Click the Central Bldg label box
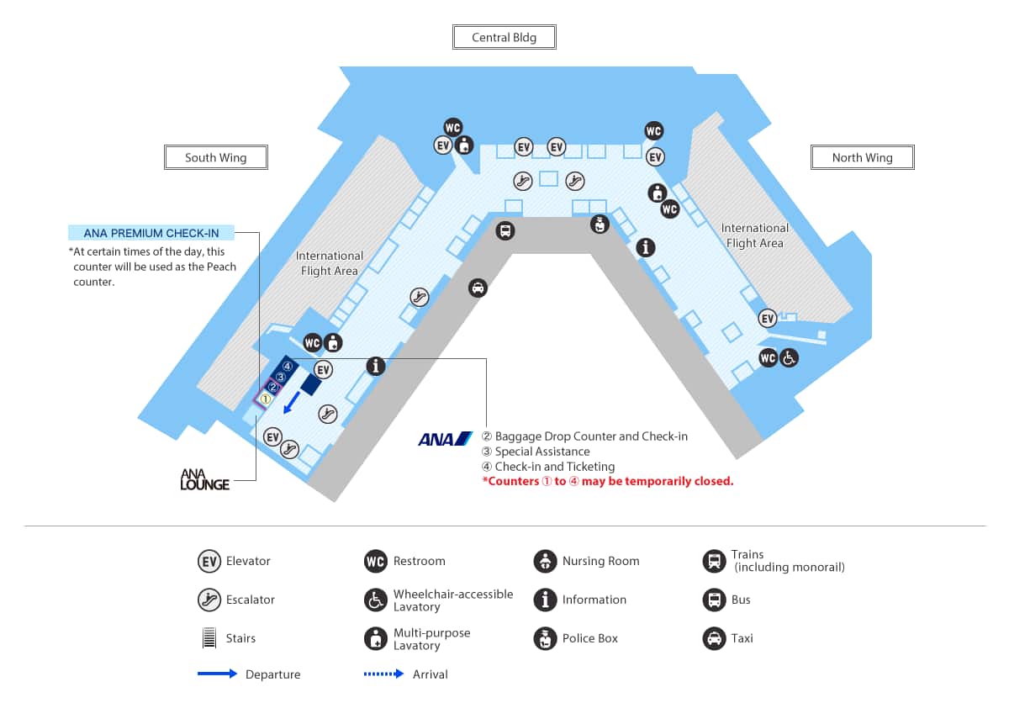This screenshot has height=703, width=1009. pos(504,37)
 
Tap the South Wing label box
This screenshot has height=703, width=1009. pos(216,157)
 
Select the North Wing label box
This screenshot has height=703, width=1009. pos(862,157)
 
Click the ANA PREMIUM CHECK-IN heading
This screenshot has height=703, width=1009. pos(151,233)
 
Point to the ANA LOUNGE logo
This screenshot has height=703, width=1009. pos(204,479)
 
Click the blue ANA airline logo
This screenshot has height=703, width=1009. pos(446,439)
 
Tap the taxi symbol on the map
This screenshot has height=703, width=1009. pos(478,288)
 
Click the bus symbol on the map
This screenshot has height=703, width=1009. pos(505,230)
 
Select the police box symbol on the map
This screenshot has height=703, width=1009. pos(600,224)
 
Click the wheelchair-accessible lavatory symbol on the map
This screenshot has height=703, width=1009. pos(789,358)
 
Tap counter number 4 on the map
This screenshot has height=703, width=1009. pos(288,366)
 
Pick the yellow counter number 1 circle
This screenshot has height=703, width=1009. pos(266,399)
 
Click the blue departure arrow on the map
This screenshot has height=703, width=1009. pos(292,402)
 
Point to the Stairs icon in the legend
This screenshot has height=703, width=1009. pos(209,637)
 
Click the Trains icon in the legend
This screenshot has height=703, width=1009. pos(714,561)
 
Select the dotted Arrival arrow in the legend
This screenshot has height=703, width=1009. pos(383,674)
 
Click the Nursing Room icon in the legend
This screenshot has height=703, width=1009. pos(545,561)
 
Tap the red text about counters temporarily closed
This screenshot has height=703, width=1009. pos(608,481)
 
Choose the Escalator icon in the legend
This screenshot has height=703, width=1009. pos(209,600)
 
